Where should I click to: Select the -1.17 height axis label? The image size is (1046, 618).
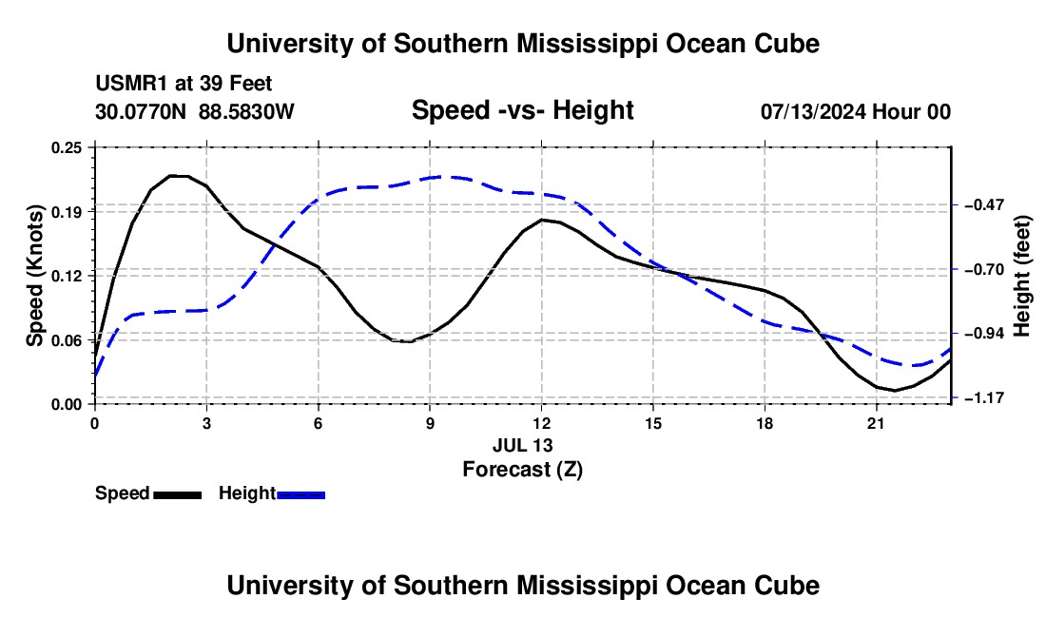pyautogui.click(x=983, y=398)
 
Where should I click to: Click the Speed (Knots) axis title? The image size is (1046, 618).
pyautogui.click(x=34, y=276)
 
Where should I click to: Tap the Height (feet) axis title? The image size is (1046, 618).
pyautogui.click(x=1021, y=276)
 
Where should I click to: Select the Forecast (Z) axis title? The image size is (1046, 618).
pyautogui.click(x=523, y=470)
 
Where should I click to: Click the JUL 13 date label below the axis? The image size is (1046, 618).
pyautogui.click(x=523, y=445)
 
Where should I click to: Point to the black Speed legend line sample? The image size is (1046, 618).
pyautogui.click(x=178, y=494)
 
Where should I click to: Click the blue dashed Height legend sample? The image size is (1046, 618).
pyautogui.click(x=300, y=494)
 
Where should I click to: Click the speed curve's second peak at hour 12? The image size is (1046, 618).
pyautogui.click(x=542, y=220)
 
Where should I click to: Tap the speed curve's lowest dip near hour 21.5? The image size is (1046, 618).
pyautogui.click(x=895, y=390)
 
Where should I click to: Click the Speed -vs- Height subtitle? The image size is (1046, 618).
pyautogui.click(x=523, y=110)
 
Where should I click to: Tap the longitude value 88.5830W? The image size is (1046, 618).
pyautogui.click(x=246, y=112)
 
